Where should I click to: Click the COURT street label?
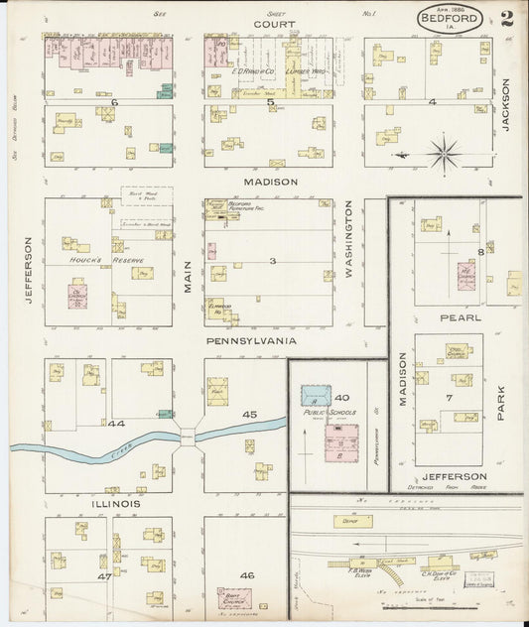coord(267,23)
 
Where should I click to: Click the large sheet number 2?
coord(507,18)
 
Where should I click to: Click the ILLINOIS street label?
coord(116,504)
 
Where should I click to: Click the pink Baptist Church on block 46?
coord(234,599)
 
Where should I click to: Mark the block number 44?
coord(116,424)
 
